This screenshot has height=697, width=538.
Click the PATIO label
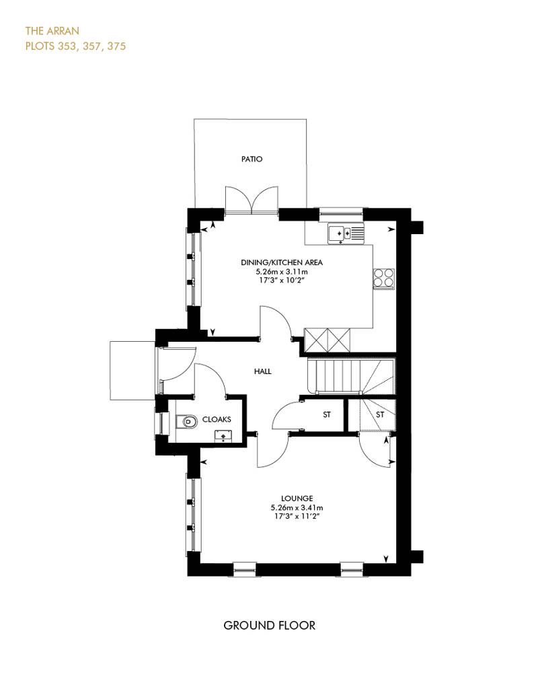(x=252, y=159)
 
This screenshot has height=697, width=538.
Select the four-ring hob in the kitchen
(x=383, y=279)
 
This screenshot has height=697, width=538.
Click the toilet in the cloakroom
(x=187, y=420)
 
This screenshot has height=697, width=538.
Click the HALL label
(x=262, y=371)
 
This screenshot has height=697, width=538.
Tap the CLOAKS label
(x=217, y=419)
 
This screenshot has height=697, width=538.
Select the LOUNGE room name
(x=297, y=499)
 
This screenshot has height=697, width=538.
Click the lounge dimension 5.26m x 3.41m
(x=297, y=507)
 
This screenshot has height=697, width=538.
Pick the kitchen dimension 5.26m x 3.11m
(x=282, y=271)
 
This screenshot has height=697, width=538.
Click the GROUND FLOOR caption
(x=269, y=626)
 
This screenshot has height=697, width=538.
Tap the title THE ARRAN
(x=52, y=31)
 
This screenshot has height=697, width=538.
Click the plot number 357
(x=92, y=46)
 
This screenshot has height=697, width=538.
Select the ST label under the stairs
(x=380, y=414)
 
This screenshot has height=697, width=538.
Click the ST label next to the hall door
(x=327, y=414)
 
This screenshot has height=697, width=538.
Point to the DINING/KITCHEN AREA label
(x=282, y=262)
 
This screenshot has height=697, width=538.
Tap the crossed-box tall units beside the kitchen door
(x=327, y=340)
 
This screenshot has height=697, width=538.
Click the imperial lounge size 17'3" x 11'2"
(x=297, y=516)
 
